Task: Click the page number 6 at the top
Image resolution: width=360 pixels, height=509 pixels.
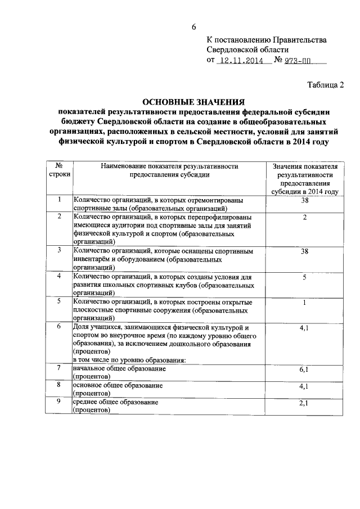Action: coord(194,26)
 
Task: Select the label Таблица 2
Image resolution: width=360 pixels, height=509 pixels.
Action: coord(325,85)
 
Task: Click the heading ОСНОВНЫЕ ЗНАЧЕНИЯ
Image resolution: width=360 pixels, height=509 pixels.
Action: coord(193,102)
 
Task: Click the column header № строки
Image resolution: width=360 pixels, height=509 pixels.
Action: coord(59,171)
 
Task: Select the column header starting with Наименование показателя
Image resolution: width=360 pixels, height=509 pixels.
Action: coord(169,171)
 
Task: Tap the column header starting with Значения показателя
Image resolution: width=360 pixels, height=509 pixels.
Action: coord(304,179)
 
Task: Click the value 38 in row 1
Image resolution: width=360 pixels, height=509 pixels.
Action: coord(304,200)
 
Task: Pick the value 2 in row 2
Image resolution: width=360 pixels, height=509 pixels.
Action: coord(304,217)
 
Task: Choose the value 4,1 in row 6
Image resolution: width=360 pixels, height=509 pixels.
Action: coord(304,328)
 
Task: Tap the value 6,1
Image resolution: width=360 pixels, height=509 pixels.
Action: coord(304,370)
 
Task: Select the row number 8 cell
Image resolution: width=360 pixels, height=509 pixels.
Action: coord(59,385)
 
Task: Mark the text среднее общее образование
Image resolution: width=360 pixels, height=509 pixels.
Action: coord(116,403)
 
